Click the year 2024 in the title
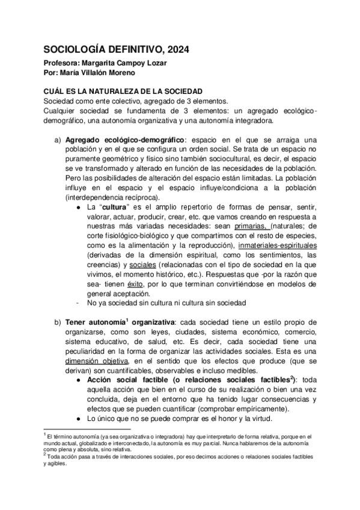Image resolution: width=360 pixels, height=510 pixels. coord(175,50)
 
